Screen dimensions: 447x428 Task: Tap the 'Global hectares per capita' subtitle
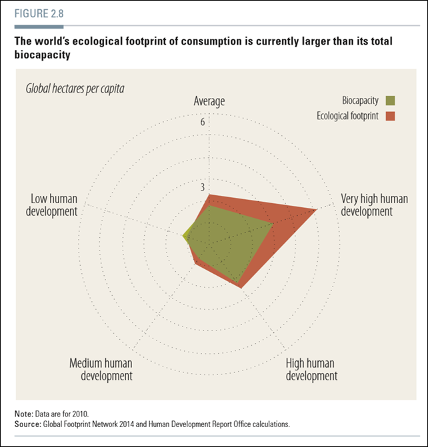(75, 88)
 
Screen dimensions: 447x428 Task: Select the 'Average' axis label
(209, 101)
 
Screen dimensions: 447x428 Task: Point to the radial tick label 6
(203, 122)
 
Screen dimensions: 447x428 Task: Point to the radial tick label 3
(203, 187)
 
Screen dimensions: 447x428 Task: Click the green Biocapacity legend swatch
(390, 101)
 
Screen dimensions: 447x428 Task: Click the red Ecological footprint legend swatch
(390, 116)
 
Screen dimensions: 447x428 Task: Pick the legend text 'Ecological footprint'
(347, 116)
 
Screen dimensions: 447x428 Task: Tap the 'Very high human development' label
(365, 205)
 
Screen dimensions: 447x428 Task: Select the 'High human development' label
(311, 369)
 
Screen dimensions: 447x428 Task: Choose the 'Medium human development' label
(101, 369)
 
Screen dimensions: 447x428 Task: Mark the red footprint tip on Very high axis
(315, 209)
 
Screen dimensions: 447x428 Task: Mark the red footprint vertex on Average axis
(209, 195)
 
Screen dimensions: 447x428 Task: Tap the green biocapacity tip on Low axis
(183, 234)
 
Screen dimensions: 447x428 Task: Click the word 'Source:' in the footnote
(27, 424)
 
